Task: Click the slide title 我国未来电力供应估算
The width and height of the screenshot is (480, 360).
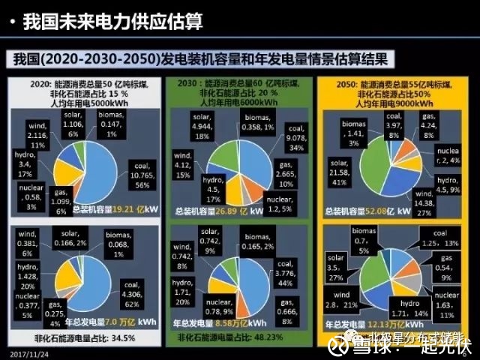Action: (x=112, y=22)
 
